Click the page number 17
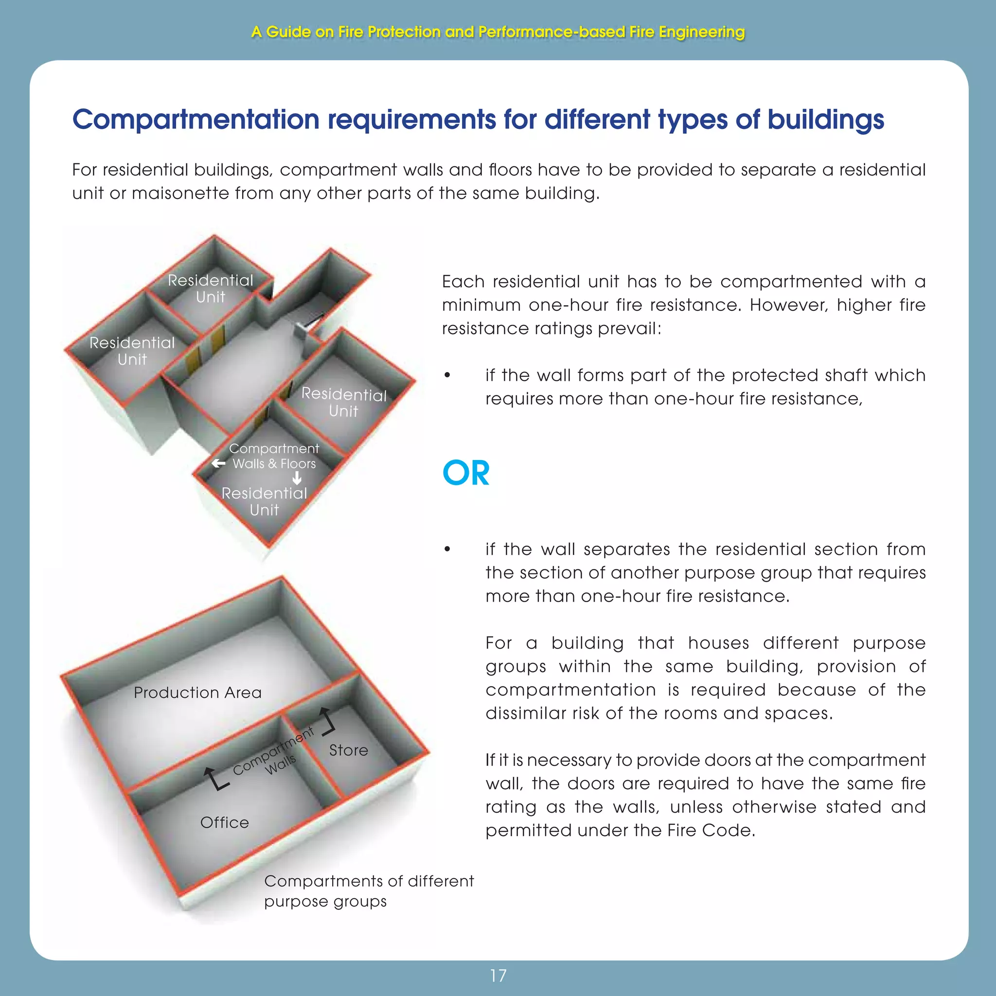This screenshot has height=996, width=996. tap(498, 976)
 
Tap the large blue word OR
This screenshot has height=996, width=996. tap(466, 473)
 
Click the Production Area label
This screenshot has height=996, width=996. tap(197, 693)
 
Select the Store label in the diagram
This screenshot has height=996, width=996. tap(349, 750)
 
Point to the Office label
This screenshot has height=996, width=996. tap(224, 822)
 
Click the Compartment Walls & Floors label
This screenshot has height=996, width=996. tap(274, 456)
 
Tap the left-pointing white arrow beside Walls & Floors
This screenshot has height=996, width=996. tap(218, 463)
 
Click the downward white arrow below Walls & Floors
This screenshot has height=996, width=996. tap(297, 479)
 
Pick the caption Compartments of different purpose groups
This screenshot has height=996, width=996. tap(369, 891)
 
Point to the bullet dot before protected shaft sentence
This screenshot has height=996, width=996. tap(447, 375)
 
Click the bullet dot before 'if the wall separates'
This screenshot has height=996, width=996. tap(447, 550)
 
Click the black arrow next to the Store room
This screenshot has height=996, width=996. tap(327, 721)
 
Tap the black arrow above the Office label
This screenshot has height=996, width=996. tap(214, 779)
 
